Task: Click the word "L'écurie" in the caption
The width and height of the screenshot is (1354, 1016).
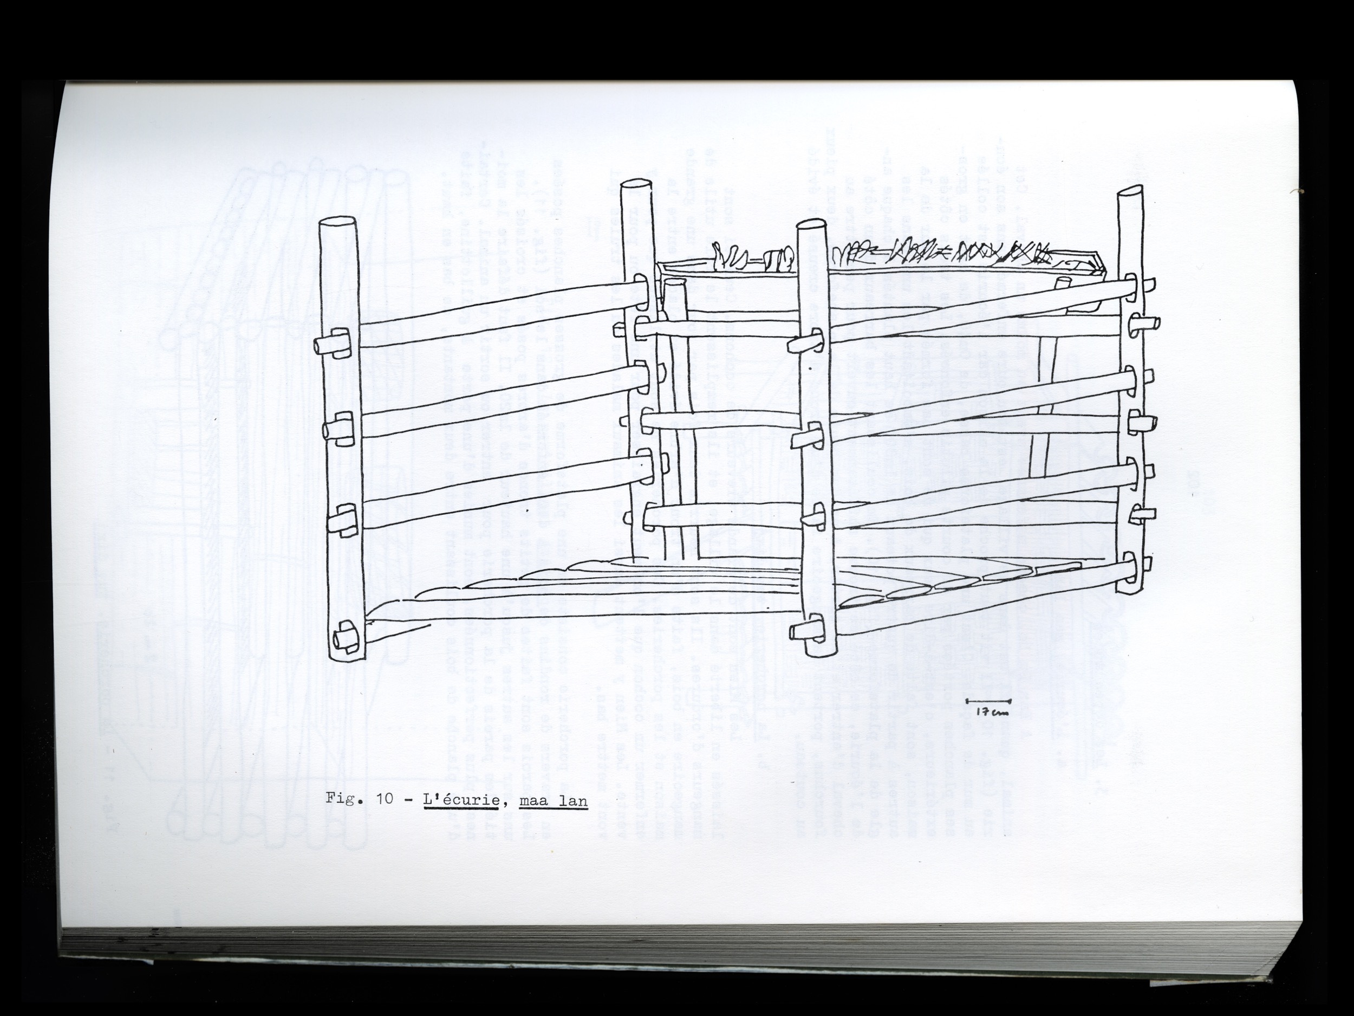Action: coord(458,800)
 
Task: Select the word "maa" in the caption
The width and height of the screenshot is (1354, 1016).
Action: coord(531,801)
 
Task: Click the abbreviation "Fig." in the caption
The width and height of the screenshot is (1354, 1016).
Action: coord(342,800)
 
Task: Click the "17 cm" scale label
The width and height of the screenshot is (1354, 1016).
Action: coord(991,712)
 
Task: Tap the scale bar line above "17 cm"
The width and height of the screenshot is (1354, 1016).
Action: coord(988,701)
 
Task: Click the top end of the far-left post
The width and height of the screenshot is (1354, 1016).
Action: coord(339,225)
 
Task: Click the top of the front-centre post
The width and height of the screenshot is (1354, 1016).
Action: coord(812,228)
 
